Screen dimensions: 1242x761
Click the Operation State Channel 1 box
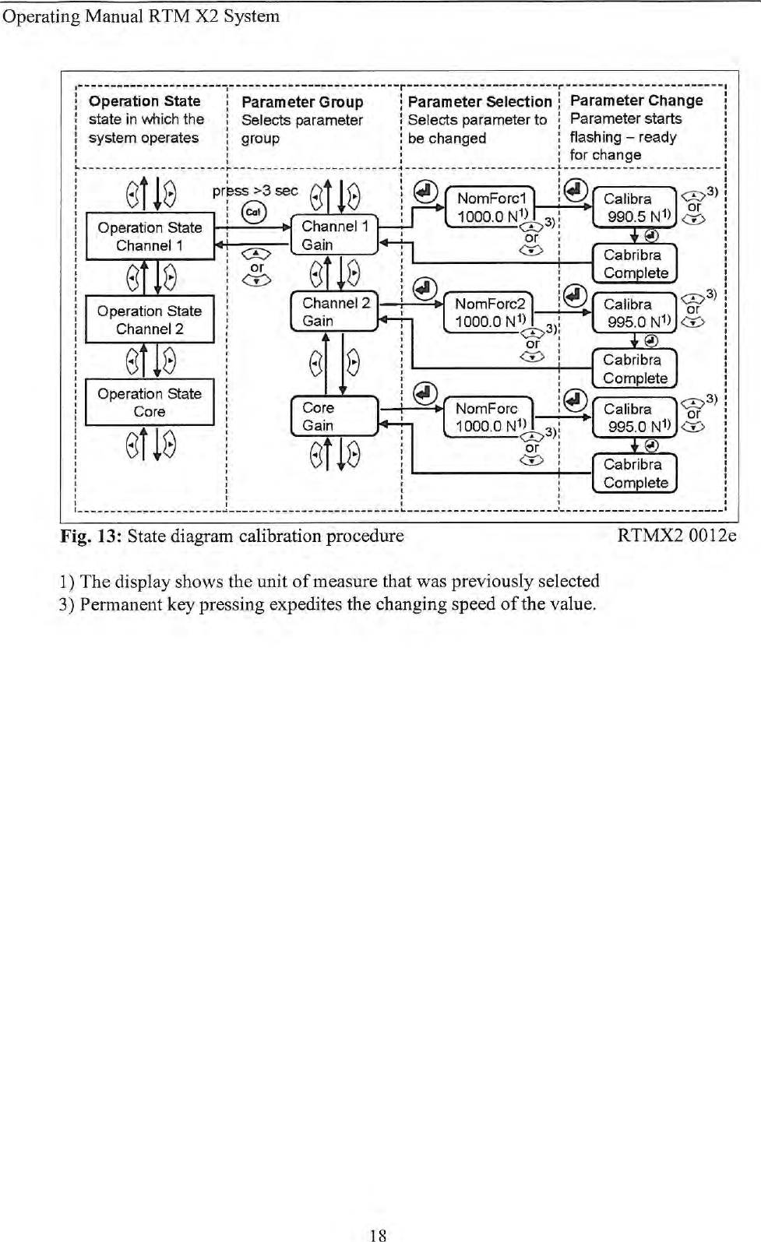pos(150,236)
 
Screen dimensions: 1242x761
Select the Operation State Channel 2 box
pos(150,319)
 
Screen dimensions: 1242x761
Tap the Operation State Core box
pos(150,403)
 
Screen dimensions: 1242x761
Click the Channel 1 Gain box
pos(334,235)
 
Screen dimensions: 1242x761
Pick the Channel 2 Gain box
pos(334,311)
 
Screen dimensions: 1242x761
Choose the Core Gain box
pos(334,417)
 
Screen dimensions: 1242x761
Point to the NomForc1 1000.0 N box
pos(490,207)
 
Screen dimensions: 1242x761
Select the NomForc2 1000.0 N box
pos(488,312)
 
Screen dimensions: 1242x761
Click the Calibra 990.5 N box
pos(634,207)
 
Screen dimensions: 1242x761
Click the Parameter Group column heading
pos(302,102)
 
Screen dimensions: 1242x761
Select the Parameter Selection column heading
pos(480,102)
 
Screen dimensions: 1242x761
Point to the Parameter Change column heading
pos(636,100)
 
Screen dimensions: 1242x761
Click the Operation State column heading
pos(145,101)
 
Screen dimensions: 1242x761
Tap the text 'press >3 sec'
pos(255,191)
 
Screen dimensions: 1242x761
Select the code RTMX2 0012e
pos(676,536)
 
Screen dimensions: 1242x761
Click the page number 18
pos(379,1234)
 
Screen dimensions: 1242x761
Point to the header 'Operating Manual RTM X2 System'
pos(141,16)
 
